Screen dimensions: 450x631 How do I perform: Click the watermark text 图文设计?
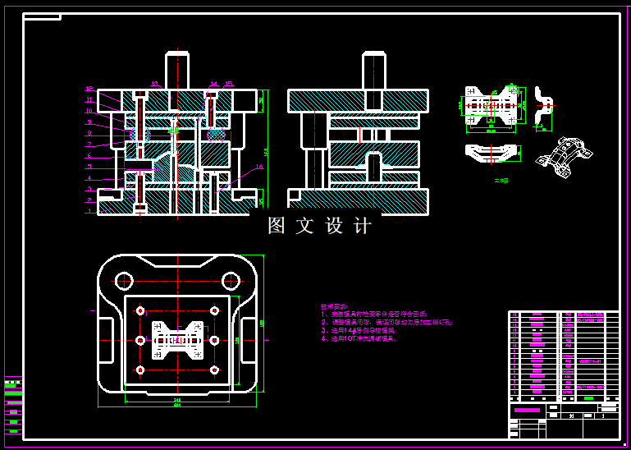coord(320,227)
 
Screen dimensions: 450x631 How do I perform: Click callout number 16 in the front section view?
coord(260,167)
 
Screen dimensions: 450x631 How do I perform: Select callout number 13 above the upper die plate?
coord(154,83)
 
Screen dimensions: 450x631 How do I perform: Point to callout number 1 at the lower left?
coord(89,210)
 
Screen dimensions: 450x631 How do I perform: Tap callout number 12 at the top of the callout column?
coord(89,89)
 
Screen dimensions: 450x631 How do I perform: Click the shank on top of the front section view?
coord(177,70)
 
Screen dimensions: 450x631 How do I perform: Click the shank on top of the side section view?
coord(374,70)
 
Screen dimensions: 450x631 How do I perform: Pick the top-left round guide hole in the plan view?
coord(124,281)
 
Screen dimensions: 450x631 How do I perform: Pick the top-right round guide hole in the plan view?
coord(231,281)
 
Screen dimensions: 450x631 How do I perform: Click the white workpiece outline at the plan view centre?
coord(178,339)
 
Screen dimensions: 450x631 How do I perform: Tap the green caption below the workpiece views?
coord(501,180)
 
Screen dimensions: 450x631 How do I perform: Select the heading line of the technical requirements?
coord(334,305)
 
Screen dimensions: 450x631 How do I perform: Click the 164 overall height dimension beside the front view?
coord(266,151)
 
